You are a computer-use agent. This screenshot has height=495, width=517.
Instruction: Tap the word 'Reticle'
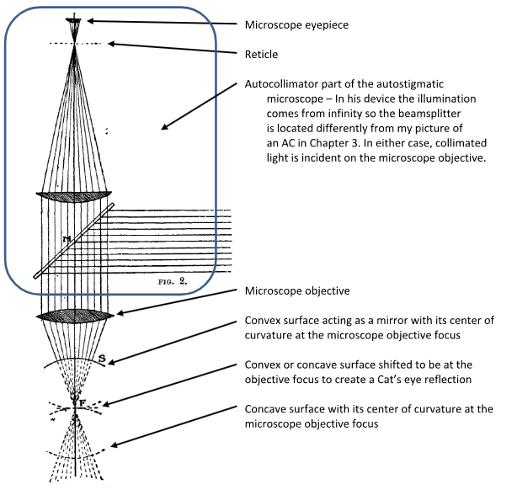pos(262,54)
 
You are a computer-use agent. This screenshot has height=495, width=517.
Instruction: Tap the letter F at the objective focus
pos(81,402)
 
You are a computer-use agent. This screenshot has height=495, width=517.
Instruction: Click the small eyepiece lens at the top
pos(76,18)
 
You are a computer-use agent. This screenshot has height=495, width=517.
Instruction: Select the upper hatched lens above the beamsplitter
pos(75,195)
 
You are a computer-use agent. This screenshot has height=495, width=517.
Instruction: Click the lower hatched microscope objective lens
pos(75,316)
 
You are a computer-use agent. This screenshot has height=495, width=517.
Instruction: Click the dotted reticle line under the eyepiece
pos(75,43)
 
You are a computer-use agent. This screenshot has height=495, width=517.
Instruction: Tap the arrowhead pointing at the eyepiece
pos(90,19)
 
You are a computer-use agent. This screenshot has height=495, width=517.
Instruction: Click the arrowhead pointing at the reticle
pos(109,43)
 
